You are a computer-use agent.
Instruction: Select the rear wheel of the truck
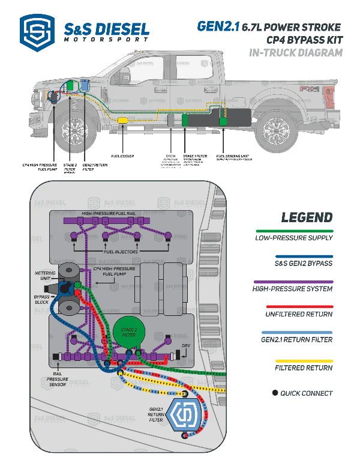point(277,129)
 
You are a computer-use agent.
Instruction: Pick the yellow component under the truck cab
point(122,121)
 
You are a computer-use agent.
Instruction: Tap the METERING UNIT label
point(46,276)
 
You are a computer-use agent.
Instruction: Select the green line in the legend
point(295,230)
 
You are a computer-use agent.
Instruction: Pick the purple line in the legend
point(295,281)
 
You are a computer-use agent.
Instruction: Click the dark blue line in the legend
point(304,256)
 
